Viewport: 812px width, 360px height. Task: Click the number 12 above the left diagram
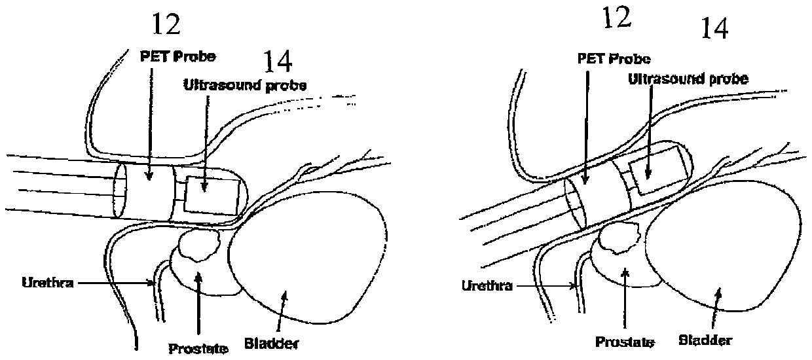166,25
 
